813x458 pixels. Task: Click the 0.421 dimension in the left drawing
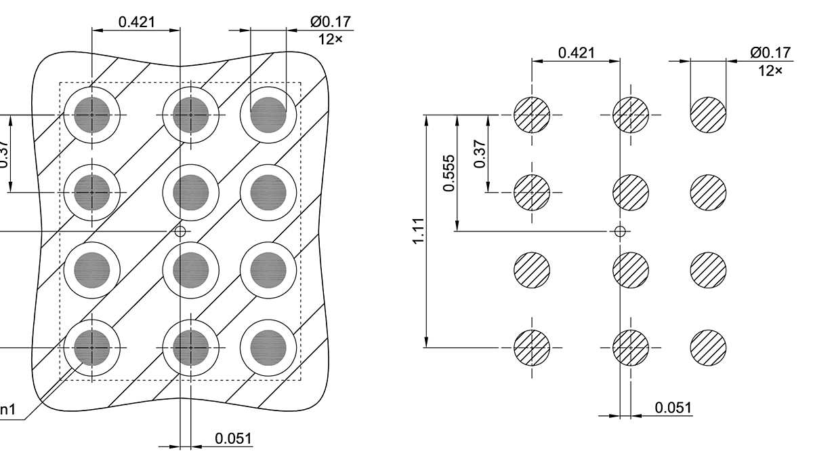(x=136, y=22)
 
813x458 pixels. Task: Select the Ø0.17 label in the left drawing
(x=331, y=22)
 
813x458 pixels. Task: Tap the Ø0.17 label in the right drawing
(x=770, y=52)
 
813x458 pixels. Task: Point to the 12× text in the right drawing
(x=770, y=70)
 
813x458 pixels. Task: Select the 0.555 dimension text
(x=449, y=173)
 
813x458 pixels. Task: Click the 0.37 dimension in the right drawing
(x=480, y=154)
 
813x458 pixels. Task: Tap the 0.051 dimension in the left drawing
(x=233, y=438)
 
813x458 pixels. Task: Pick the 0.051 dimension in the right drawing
(x=673, y=407)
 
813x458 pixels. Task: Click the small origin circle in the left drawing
(x=180, y=231)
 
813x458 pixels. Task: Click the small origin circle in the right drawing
(x=619, y=231)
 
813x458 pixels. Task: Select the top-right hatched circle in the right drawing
(x=708, y=115)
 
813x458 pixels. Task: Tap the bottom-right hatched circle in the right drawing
(x=708, y=347)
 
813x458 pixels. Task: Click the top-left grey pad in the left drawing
(x=92, y=115)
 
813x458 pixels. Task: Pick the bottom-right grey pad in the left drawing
(x=268, y=347)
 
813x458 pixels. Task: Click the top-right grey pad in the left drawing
(x=268, y=115)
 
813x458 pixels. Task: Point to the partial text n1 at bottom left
(x=7, y=410)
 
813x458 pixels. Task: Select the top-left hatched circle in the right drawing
(x=532, y=115)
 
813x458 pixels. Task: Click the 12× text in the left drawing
(x=331, y=39)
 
